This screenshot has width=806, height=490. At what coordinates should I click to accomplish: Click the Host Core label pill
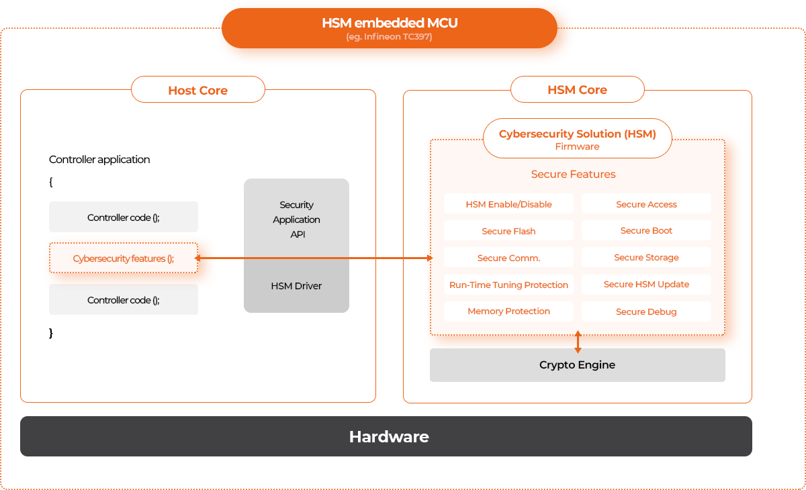coord(198,90)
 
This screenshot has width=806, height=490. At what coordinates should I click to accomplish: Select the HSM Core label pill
coord(577,89)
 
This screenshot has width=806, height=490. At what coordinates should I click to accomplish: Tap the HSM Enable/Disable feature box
coord(508,204)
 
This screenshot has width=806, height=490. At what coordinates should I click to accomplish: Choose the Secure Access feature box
coord(646,204)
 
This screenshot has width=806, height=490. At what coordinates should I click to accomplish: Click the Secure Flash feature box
coord(508,231)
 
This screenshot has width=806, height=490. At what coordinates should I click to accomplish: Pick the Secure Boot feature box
coord(646,230)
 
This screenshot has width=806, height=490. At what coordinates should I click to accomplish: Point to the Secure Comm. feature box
coord(508,258)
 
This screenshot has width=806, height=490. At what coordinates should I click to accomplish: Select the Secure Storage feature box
coord(646,257)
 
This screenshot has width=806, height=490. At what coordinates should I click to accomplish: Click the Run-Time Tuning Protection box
coord(508,285)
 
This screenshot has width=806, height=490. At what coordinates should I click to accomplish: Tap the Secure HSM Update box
coord(646,284)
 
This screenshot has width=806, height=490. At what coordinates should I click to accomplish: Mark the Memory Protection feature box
coord(508,311)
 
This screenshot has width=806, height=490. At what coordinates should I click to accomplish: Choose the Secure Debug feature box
coord(646,311)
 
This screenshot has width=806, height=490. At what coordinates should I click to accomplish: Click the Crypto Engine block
coord(577,365)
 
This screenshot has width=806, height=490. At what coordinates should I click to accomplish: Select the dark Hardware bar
coord(386,436)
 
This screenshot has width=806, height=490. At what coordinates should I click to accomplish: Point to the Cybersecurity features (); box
coord(124,258)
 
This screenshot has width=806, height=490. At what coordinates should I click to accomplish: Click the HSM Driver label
coord(296,286)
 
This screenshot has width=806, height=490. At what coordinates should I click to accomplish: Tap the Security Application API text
coord(296,219)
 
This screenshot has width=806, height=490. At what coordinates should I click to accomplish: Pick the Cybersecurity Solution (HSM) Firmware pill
coord(577,139)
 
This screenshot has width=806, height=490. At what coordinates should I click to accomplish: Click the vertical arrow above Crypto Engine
coord(578,342)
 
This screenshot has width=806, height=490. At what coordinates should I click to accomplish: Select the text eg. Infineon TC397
coord(389,37)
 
